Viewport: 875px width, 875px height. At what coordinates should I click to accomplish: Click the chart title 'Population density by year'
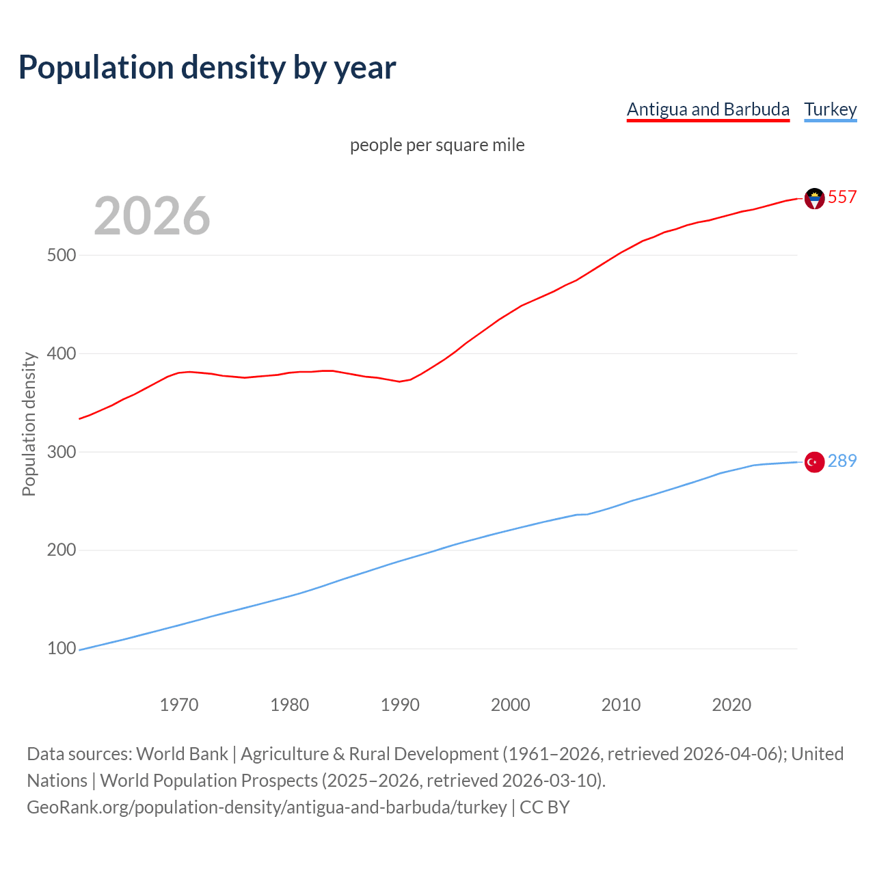(207, 68)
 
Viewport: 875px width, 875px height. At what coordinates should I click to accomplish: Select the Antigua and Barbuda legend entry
(708, 109)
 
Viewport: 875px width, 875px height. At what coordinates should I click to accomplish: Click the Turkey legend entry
(830, 109)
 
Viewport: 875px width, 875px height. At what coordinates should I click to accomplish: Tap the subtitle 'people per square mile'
(437, 145)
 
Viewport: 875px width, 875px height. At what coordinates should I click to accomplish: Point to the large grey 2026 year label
(152, 216)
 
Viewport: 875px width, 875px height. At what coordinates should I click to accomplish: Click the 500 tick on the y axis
(62, 255)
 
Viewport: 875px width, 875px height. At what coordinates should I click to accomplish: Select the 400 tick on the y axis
(62, 353)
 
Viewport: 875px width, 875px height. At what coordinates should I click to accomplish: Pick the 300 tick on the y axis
(62, 452)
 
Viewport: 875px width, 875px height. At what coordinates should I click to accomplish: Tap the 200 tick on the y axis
(62, 550)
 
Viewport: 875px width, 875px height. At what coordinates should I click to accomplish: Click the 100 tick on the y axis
(62, 649)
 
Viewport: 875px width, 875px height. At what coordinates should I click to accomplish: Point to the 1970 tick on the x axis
(179, 705)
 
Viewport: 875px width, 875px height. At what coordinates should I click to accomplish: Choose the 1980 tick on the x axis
(290, 705)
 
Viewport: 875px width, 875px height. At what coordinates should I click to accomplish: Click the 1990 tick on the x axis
(400, 705)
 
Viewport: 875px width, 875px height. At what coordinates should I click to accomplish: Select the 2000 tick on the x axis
(511, 705)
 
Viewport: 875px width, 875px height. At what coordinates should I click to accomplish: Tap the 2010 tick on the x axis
(621, 705)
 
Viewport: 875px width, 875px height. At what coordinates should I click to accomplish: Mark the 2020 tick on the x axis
(731, 705)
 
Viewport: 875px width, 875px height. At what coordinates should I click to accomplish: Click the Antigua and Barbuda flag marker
(814, 198)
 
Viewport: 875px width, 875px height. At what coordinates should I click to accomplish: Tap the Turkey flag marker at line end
(814, 462)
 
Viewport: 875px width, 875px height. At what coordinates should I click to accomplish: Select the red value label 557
(842, 197)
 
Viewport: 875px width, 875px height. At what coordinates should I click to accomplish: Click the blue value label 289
(842, 461)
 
